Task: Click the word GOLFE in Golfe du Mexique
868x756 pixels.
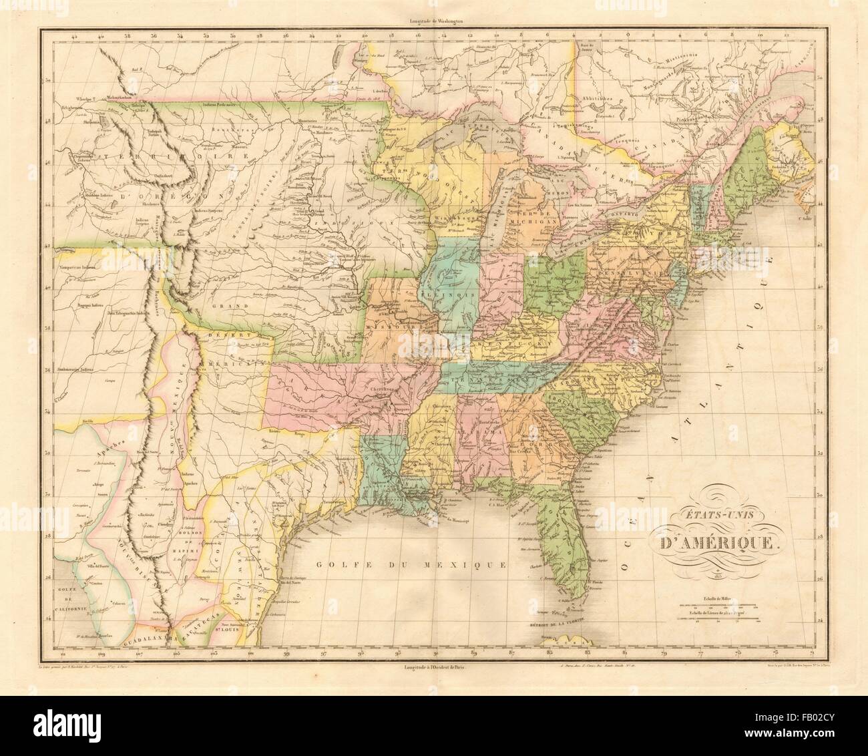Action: click(341, 565)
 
